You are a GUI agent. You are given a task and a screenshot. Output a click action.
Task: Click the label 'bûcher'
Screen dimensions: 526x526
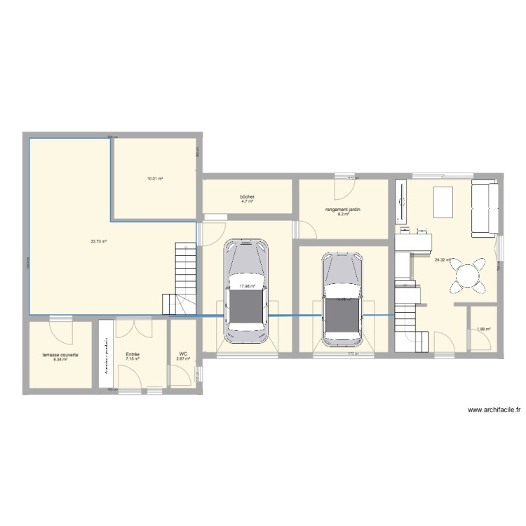(246, 197)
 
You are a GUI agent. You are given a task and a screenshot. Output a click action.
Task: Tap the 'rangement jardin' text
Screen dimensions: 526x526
(342, 210)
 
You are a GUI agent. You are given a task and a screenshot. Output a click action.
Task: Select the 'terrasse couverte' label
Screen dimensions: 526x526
(60, 355)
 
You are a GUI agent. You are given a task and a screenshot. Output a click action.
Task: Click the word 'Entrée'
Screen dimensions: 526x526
(133, 355)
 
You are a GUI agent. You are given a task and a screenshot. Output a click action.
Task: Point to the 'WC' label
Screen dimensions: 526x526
(183, 354)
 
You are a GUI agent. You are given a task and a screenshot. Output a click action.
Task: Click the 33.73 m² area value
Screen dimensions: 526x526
(98, 241)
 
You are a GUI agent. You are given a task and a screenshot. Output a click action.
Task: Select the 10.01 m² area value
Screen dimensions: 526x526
(155, 180)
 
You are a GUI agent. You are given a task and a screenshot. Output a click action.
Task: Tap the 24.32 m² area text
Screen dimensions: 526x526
(443, 259)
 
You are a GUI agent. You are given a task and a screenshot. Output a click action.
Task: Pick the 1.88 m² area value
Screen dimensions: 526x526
(483, 329)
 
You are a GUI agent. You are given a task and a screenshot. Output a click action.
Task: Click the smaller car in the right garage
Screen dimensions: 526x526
(342, 299)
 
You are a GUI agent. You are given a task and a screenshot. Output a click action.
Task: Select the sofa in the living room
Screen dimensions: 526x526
(485, 208)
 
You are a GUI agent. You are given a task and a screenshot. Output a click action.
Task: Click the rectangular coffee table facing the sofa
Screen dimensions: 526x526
(443, 203)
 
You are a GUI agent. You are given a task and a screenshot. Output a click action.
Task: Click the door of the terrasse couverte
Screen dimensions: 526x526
(60, 324)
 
